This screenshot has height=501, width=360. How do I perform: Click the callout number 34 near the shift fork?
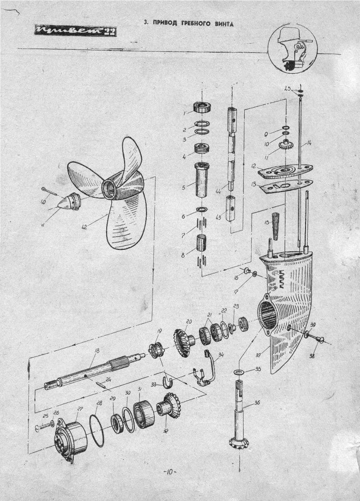(220, 355)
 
